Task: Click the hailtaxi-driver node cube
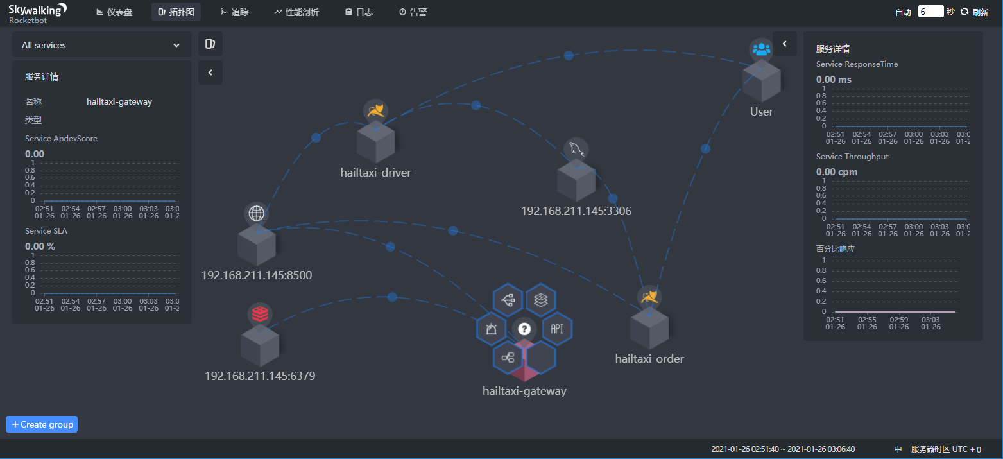pos(375,142)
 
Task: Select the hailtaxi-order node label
pos(649,359)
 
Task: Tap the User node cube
pos(761,82)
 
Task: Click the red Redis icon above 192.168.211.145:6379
pos(260,314)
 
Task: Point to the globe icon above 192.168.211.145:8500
pos(256,214)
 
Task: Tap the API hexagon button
pos(557,329)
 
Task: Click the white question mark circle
pos(524,329)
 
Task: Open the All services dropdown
pos(101,45)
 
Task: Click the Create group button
pos(42,424)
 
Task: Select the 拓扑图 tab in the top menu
pos(176,12)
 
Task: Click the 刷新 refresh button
pos(974,12)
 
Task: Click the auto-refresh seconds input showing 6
pos(930,12)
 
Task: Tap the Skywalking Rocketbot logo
pos(37,12)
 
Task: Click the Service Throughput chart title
pos(852,157)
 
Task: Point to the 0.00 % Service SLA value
pos(40,246)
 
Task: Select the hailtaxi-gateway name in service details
pos(119,101)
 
